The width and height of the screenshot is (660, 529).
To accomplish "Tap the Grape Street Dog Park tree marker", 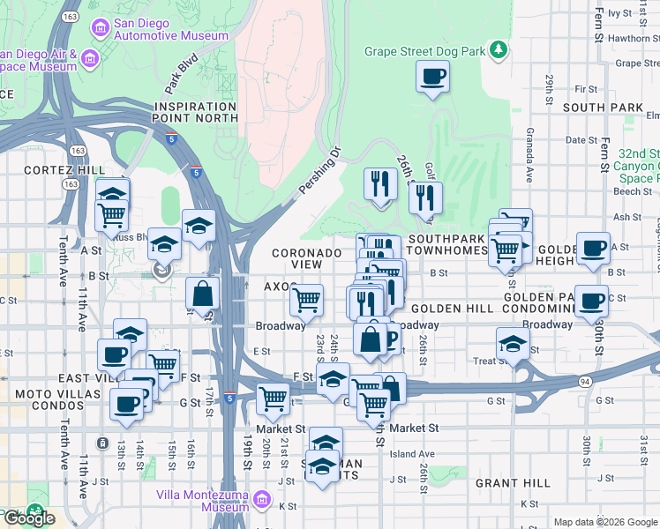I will pyautogui.click(x=499, y=50).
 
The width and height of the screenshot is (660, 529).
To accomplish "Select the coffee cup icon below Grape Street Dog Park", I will pyautogui.click(x=432, y=78).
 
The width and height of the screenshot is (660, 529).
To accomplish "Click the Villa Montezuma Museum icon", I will pyautogui.click(x=261, y=501).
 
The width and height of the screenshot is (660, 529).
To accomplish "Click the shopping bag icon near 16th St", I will pyautogui.click(x=203, y=293).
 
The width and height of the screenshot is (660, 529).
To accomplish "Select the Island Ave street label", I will pyautogui.click(x=412, y=454).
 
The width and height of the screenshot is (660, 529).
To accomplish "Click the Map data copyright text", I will pyautogui.click(x=605, y=522).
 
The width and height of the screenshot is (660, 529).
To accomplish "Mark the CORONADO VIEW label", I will pyautogui.click(x=306, y=258).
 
